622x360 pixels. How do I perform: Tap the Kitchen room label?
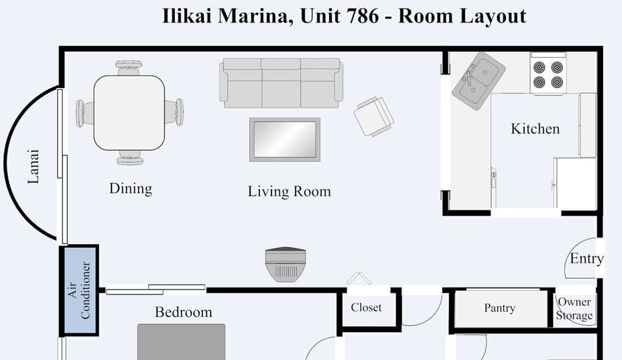click(535, 129)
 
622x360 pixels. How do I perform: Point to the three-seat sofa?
click(281, 82)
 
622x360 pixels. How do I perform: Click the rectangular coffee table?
click(284, 139)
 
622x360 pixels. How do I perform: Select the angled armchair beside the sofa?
click(374, 116)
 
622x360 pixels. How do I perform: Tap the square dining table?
click(129, 113)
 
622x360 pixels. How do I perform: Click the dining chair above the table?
click(129, 67)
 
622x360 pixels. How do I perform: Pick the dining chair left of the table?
click(85, 113)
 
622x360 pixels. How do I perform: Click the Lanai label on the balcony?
click(34, 167)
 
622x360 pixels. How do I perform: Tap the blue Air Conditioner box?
click(79, 290)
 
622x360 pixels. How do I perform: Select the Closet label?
click(366, 308)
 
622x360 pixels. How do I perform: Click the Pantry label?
click(500, 308)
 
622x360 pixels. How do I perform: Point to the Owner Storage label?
click(574, 309)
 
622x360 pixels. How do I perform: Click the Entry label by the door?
click(586, 259)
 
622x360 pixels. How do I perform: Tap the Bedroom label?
click(183, 312)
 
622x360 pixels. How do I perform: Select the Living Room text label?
click(289, 192)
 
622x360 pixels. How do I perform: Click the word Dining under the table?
click(130, 188)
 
